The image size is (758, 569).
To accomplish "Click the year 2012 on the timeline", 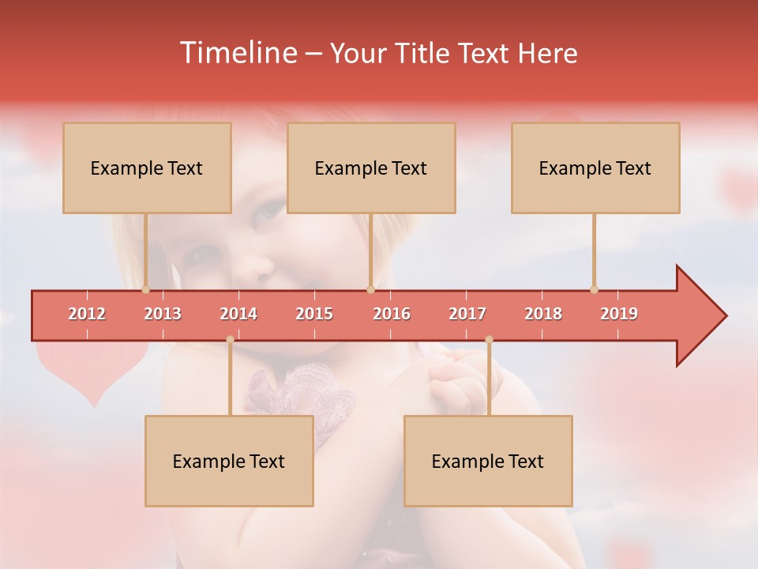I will point(87,314).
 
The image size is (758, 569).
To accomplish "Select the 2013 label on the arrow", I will point(163,314).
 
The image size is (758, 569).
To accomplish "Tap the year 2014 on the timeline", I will point(238,314).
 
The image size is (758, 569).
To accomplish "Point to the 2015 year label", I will point(314,314).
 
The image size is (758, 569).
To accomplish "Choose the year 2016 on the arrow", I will point(392,314).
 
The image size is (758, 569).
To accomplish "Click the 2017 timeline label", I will point(467,314).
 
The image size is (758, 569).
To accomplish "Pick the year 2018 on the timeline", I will point(543,314).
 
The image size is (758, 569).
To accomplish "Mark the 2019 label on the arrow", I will point(619,314).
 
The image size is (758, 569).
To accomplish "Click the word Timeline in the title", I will point(238,53).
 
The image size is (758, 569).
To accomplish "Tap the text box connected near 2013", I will point(147,168).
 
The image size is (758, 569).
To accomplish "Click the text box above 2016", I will point(371,168).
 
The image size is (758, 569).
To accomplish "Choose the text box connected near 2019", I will point(595,168).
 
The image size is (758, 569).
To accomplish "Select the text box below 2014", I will point(229,461).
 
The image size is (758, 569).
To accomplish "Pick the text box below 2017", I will point(488,461).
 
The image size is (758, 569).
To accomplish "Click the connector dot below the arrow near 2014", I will point(230,340).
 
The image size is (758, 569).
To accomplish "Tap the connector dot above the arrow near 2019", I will point(594,289).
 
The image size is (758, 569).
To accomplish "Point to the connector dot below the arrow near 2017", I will point(489,340).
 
